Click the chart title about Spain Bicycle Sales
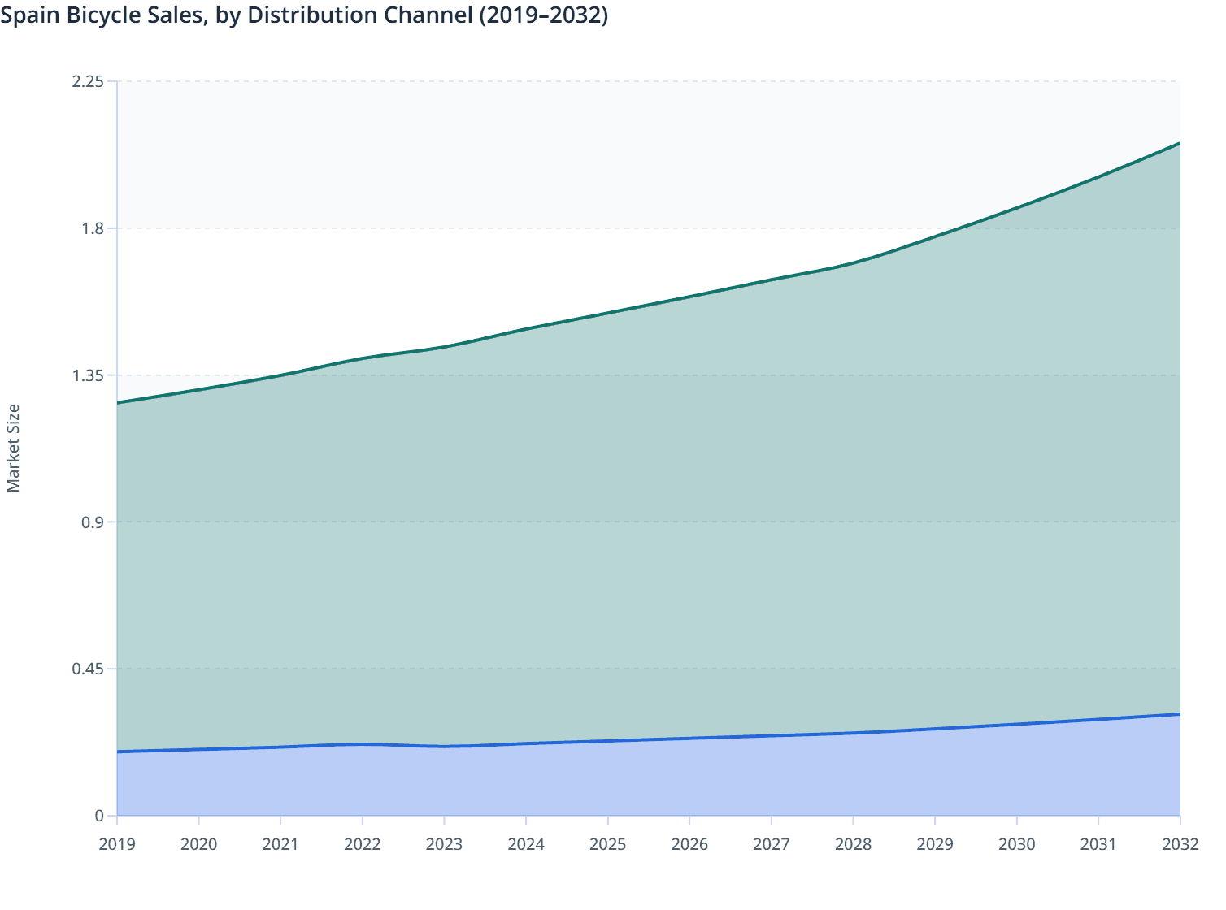[304, 15]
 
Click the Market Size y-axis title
[13, 448]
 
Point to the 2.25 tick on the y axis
[88, 81]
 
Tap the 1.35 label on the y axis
[88, 375]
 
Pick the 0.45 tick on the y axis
[88, 669]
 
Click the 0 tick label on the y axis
[99, 816]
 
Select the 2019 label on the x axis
[117, 844]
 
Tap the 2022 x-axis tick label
[363, 844]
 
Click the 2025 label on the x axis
[607, 844]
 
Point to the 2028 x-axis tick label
[853, 844]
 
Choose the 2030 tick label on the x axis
[1016, 844]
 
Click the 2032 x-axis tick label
[1180, 844]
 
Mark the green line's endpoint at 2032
[1180, 143]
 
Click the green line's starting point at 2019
[117, 403]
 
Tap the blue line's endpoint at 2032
[1180, 714]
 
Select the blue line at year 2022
[363, 743]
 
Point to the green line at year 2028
[853, 263]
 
